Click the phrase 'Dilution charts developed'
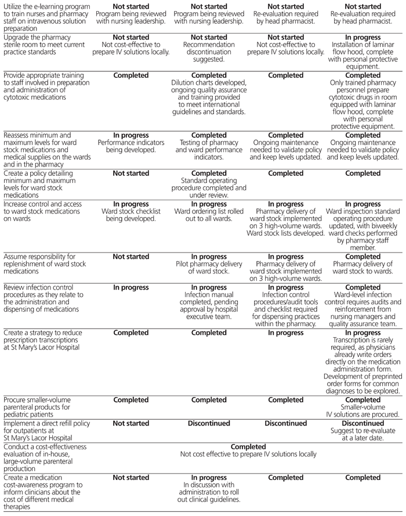pyautogui.click(x=209, y=82)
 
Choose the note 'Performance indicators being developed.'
pyautogui.click(x=130, y=146)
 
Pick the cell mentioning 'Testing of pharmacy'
pyautogui.click(x=209, y=143)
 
